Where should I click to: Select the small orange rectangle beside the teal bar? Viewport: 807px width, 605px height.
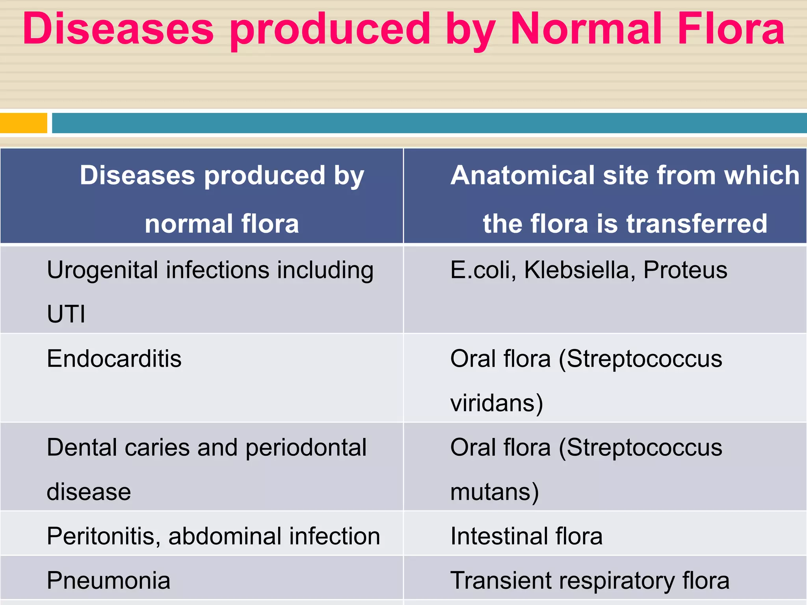(x=23, y=123)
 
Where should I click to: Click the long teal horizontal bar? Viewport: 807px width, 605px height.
(x=429, y=123)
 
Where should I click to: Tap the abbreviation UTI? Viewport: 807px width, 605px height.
(x=66, y=314)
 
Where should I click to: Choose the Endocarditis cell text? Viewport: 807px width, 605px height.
(x=114, y=359)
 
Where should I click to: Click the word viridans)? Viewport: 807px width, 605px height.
(x=496, y=403)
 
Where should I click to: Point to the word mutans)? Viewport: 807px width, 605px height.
(x=495, y=492)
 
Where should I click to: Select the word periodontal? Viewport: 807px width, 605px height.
(x=306, y=448)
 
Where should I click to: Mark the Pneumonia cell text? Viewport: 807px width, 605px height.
(x=108, y=581)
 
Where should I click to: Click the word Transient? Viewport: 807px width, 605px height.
(x=501, y=581)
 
